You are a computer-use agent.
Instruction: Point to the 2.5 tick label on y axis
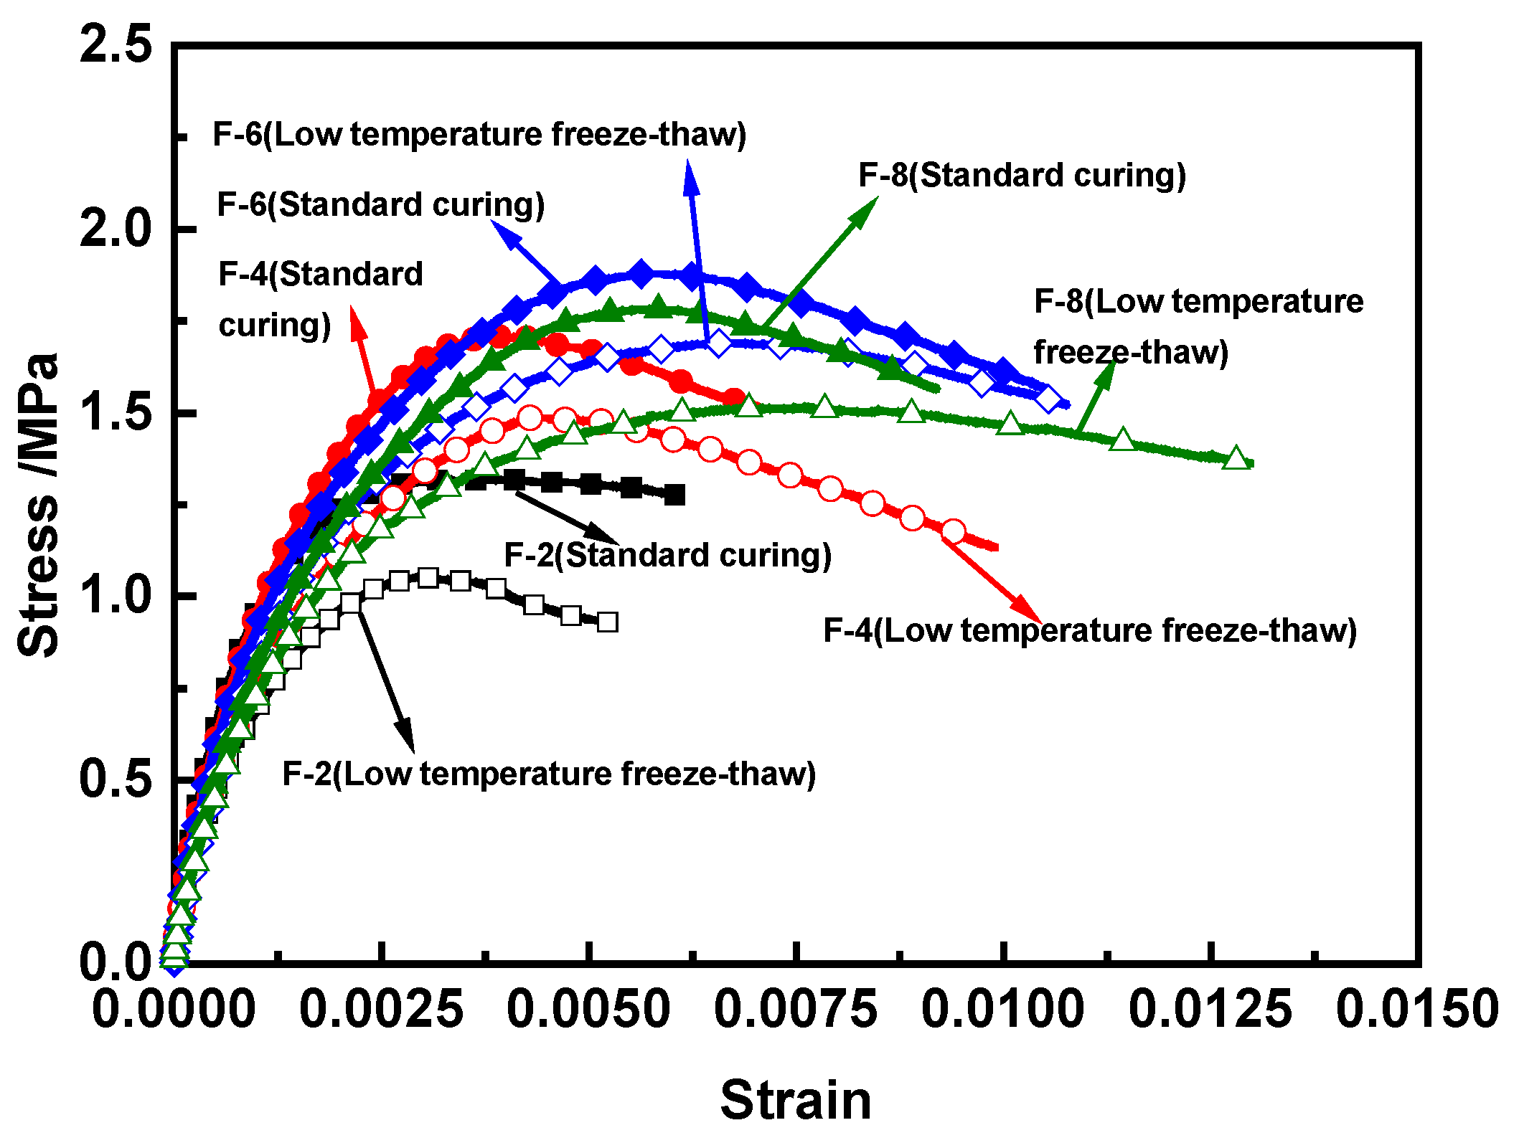[x=116, y=44]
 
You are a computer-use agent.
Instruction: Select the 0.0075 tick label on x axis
[x=795, y=1009]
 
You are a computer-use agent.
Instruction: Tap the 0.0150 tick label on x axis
[x=1417, y=1009]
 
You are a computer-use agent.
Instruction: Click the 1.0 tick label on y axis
[x=116, y=595]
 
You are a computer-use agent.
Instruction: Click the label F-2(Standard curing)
[x=667, y=555]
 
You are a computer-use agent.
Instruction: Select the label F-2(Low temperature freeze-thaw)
[x=549, y=774]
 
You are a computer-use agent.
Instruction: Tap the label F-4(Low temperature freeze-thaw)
[x=1089, y=630]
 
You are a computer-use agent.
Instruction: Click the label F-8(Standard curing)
[x=1022, y=175]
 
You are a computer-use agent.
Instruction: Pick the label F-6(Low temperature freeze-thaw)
[x=479, y=134]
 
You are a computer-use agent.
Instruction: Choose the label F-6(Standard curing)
[x=380, y=204]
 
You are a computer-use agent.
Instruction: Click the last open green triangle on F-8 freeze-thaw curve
[x=1236, y=457]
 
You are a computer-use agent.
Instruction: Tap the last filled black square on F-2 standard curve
[x=674, y=495]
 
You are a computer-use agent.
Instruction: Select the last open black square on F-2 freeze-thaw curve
[x=607, y=622]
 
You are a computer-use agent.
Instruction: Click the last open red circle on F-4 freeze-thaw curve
[x=953, y=531]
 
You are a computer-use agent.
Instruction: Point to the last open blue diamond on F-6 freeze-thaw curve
[x=1049, y=399]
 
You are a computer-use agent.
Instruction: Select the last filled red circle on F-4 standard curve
[x=733, y=398]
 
